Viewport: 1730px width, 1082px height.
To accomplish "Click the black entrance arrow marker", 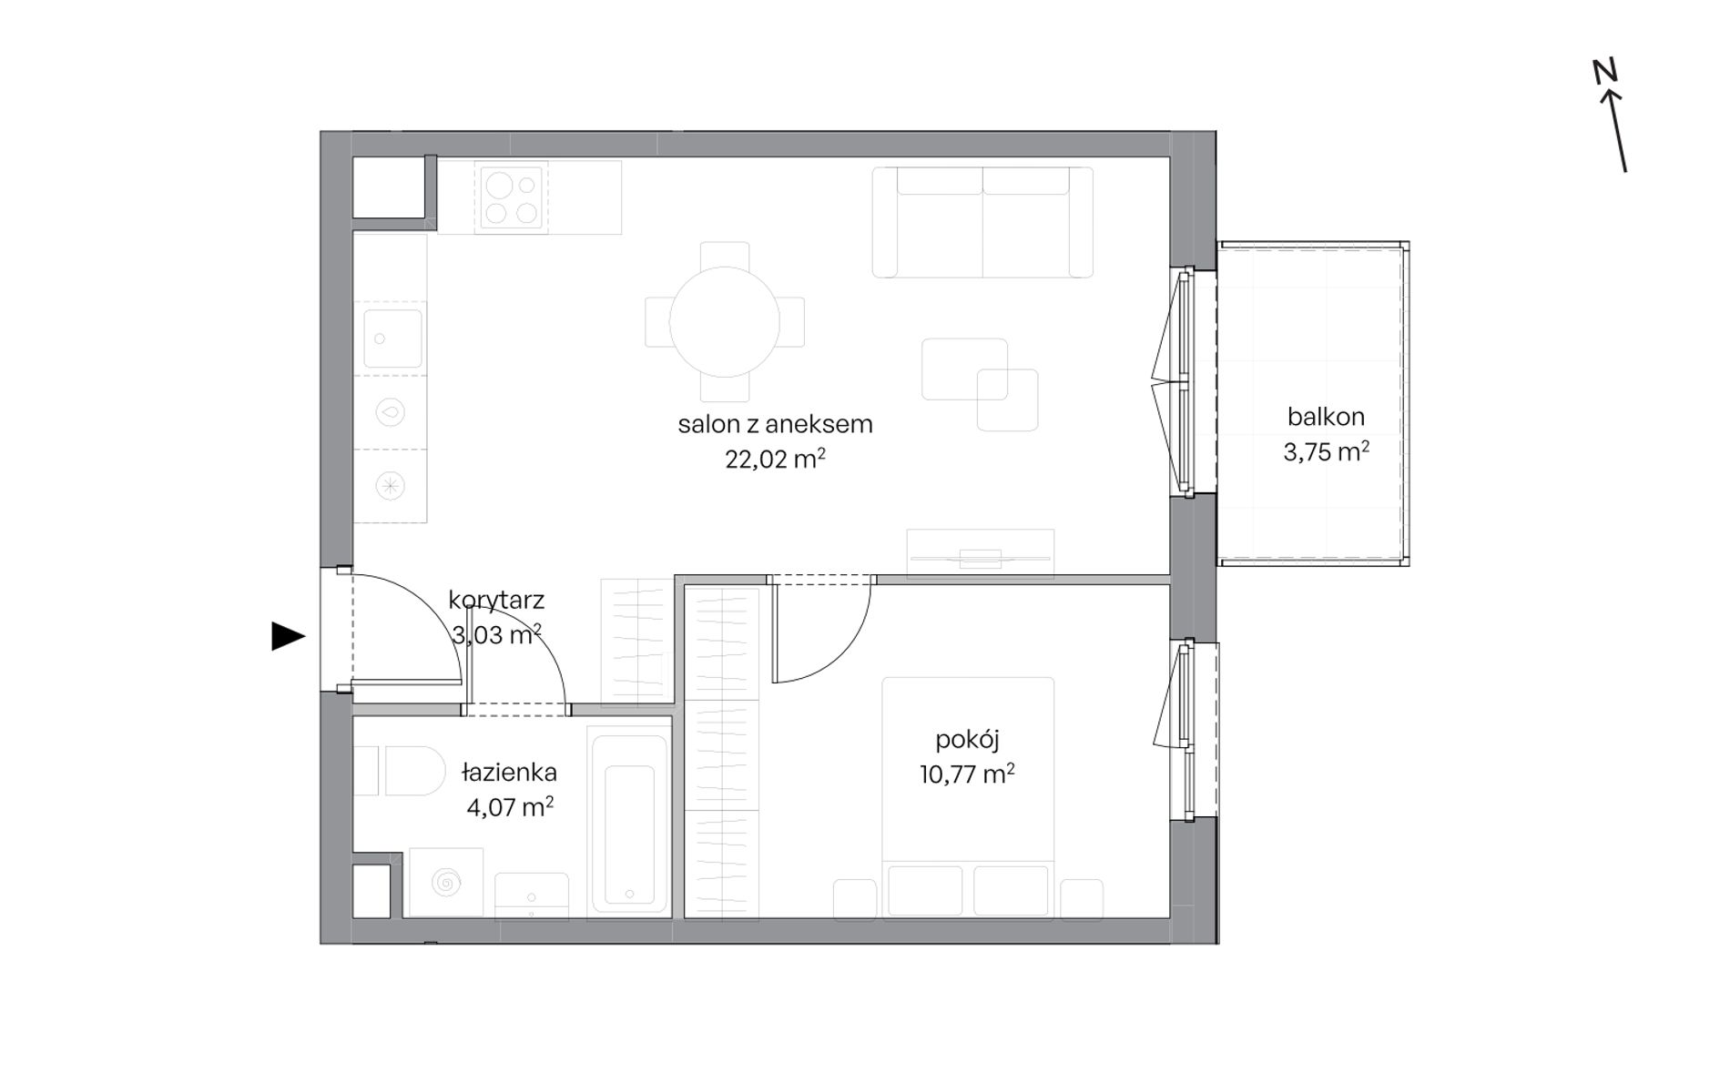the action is point(287,636).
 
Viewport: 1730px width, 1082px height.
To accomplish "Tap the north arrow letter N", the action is point(1605,71).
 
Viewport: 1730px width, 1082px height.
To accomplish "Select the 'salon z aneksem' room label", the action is point(775,424).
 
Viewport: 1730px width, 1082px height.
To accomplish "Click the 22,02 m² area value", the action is point(775,459).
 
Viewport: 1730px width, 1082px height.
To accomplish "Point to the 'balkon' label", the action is point(1326,417).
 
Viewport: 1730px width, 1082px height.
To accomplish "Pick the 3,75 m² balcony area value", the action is point(1326,451).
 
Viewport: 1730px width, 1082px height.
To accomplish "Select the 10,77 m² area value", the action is point(967,774).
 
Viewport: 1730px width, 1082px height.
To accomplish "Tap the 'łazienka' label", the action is point(509,773).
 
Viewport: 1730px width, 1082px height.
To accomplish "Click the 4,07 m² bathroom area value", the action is point(510,807).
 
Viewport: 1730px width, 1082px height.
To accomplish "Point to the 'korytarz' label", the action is point(496,601).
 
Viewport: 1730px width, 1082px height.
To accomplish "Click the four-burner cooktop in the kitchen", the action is point(510,198).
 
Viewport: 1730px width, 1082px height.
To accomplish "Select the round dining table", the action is point(725,321).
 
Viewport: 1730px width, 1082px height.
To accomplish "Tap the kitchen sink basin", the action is point(392,339).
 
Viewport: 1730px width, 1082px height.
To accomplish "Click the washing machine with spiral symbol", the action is point(446,882).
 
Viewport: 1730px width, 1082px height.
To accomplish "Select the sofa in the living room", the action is point(982,222).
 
